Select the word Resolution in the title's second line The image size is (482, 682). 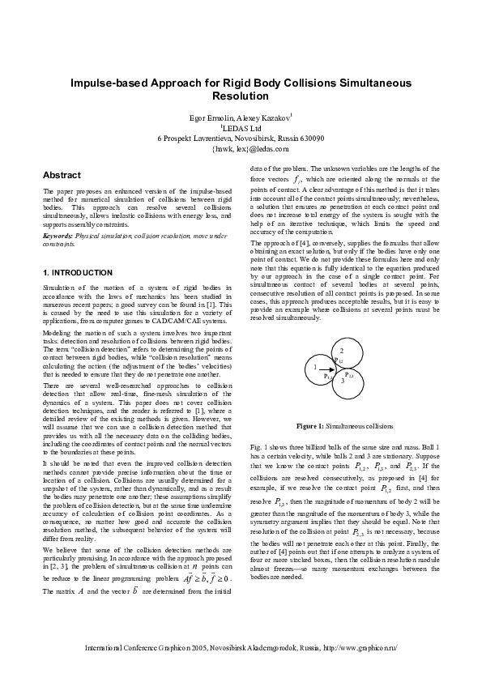[x=240, y=96]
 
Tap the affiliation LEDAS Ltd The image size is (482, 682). [x=241, y=128]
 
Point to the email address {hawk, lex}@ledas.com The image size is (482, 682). [x=241, y=149]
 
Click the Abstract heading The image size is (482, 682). [x=62, y=175]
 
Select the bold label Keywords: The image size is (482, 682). [x=57, y=235]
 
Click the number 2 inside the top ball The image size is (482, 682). [x=341, y=350]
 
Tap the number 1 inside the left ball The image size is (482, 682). [x=314, y=367]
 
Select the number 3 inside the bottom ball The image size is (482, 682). [x=342, y=380]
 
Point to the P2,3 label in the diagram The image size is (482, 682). [x=349, y=374]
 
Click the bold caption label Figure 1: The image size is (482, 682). [x=310, y=425]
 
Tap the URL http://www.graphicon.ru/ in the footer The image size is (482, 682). [x=360, y=649]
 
